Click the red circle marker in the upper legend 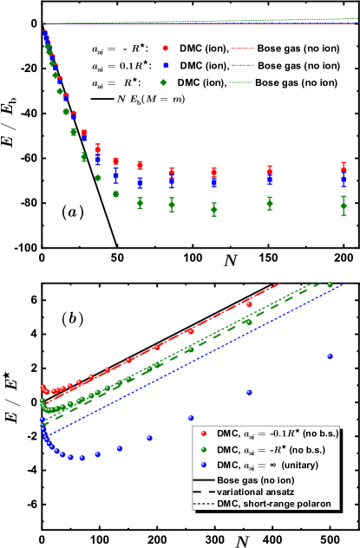click(165, 49)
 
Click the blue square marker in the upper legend click(165, 65)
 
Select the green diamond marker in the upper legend click(163, 82)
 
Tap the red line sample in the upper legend click(242, 49)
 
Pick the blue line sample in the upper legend click(242, 65)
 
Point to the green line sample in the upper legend click(242, 82)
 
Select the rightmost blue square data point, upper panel click(344, 180)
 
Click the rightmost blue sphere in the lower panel click(329, 356)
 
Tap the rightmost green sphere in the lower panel click(330, 284)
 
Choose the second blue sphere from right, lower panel click(249, 392)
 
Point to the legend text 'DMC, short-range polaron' click(278, 504)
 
